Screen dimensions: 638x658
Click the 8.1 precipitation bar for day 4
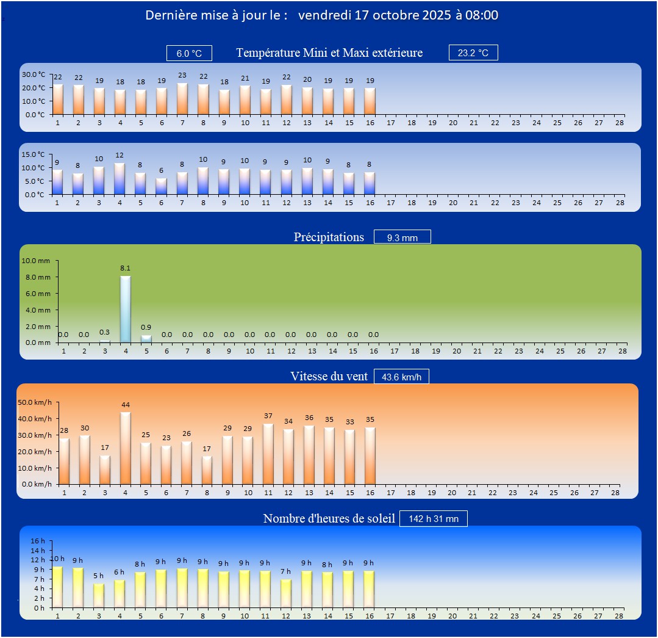coord(125,310)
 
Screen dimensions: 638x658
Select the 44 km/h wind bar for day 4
coord(125,448)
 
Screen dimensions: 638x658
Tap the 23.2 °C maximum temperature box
coord(473,53)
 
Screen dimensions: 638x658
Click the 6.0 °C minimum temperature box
coord(189,54)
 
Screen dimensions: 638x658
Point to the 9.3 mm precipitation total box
coord(402,237)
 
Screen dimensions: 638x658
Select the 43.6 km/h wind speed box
coord(401,377)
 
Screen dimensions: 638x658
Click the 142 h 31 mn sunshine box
coord(434,519)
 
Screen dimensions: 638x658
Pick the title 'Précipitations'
coord(329,237)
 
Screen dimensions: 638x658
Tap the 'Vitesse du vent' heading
coord(329,377)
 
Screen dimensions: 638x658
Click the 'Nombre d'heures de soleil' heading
coord(329,518)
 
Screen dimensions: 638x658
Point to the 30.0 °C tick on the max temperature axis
coord(34,74)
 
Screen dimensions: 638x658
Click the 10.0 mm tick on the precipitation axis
coord(36,261)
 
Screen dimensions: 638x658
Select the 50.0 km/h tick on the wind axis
coord(35,402)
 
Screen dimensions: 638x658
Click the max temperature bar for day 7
coord(182,99)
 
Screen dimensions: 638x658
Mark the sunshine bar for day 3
coord(99,595)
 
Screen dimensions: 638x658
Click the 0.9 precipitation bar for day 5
coord(146,339)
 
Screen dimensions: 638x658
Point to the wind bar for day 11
coord(268,454)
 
